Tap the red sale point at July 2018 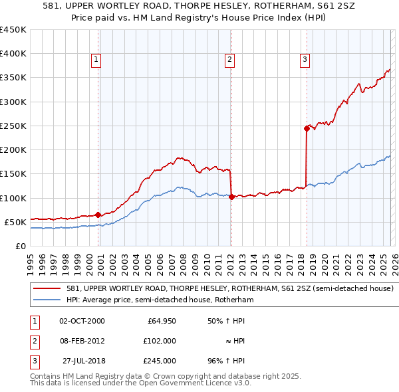307,128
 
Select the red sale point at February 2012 231,197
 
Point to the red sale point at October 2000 98,215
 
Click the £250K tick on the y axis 13,126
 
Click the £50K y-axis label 15,222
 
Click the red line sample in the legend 47,289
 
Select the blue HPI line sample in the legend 47,300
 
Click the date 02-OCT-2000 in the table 82,321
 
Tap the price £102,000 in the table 160,341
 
